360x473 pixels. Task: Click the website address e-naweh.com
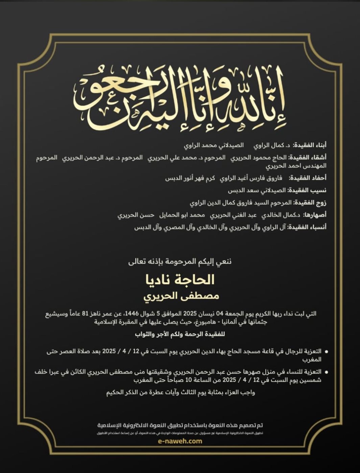[x=180, y=441]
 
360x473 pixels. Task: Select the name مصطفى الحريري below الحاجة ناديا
[x=181, y=296]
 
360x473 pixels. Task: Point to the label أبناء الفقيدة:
[x=310, y=146]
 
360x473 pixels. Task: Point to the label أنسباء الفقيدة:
[x=307, y=227]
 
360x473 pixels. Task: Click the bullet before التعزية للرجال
[x=326, y=352]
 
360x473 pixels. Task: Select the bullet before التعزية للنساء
[x=326, y=372]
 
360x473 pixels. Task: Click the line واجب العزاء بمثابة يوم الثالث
[x=181, y=393]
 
